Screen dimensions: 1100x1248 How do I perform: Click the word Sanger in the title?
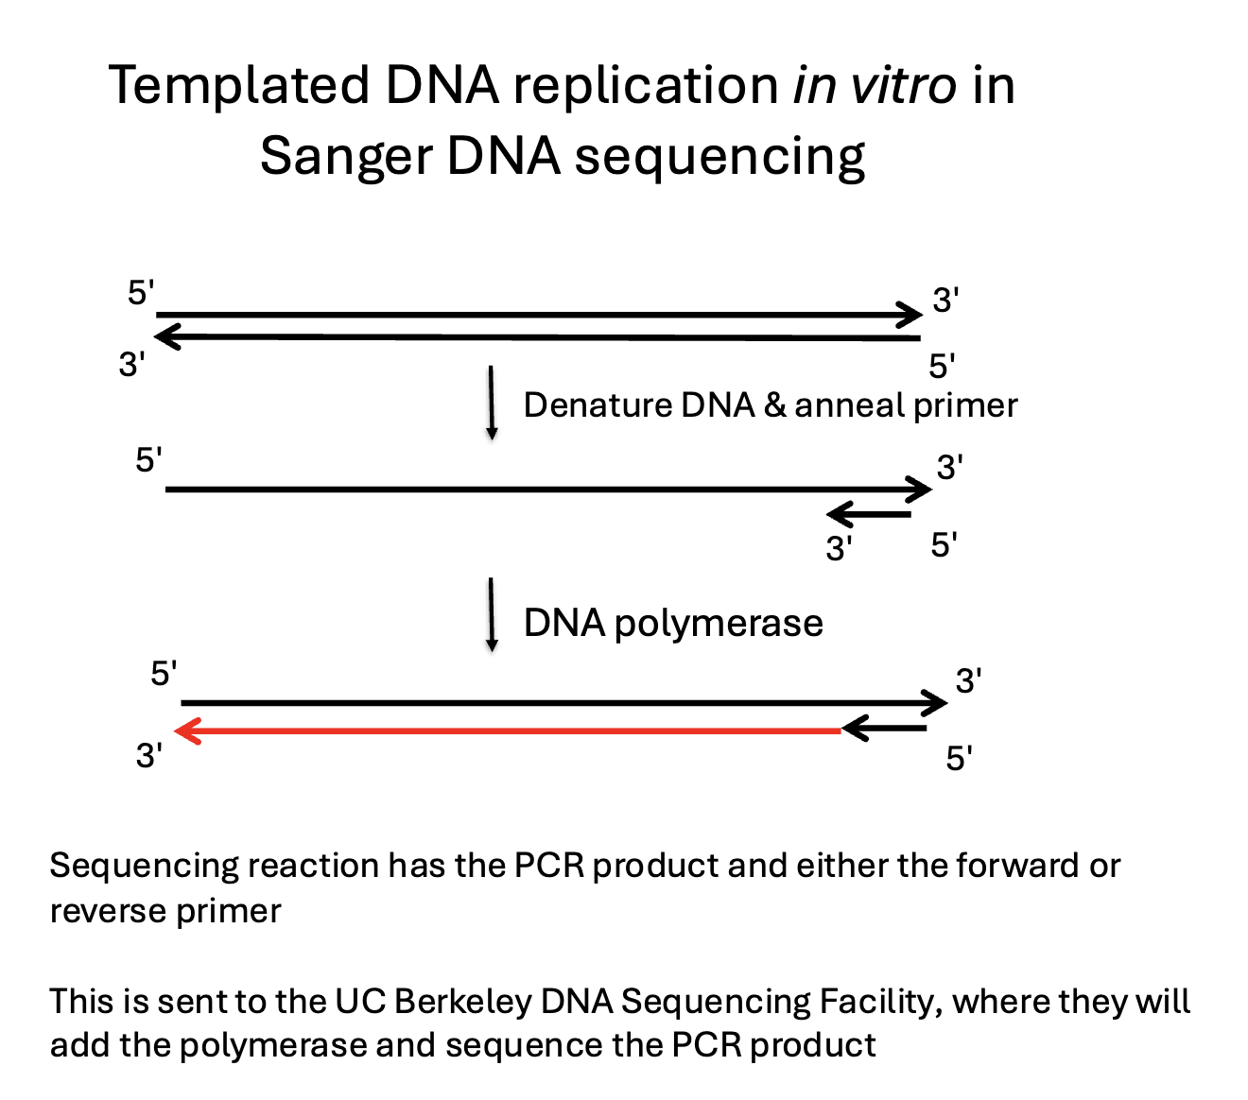coord(345,156)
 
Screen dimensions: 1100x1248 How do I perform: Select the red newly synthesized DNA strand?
coord(511,730)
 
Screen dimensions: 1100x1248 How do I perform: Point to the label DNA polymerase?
coord(673,624)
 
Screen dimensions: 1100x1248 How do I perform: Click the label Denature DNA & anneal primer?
coord(770,405)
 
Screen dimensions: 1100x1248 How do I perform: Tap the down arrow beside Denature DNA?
coord(492,403)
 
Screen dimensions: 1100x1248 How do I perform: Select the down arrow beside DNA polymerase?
coord(492,614)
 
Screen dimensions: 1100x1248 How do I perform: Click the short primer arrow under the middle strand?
coord(870,515)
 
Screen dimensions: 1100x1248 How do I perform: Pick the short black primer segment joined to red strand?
coord(885,729)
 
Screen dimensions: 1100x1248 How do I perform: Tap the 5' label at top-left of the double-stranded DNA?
coord(141,293)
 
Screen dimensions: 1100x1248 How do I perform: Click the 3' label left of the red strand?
coord(149,756)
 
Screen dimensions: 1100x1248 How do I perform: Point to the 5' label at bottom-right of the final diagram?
coord(960,758)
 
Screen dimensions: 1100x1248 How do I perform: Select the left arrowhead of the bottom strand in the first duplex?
coord(166,336)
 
